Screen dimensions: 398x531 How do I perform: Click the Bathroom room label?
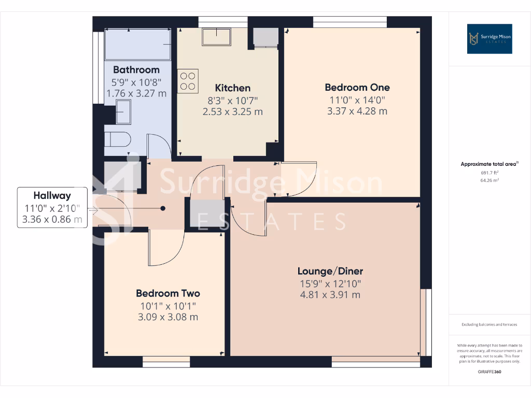pyautogui.click(x=136, y=69)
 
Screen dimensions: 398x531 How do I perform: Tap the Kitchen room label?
pyautogui.click(x=233, y=88)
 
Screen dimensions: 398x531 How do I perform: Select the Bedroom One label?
pyautogui.click(x=357, y=87)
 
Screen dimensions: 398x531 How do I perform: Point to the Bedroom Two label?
pyautogui.click(x=167, y=293)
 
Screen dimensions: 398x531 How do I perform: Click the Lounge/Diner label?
pyautogui.click(x=330, y=271)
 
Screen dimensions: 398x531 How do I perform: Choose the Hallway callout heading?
pyautogui.click(x=52, y=195)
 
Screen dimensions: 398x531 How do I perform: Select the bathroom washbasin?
pyautogui.click(x=123, y=112)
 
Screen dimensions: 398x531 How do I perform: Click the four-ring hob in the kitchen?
pyautogui.click(x=188, y=81)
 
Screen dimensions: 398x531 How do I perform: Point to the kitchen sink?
pyautogui.click(x=217, y=36)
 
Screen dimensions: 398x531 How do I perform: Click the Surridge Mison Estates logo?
pyautogui.click(x=490, y=39)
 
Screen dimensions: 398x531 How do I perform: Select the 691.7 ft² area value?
pyautogui.click(x=490, y=173)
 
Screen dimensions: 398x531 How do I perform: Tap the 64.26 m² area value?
pyautogui.click(x=490, y=180)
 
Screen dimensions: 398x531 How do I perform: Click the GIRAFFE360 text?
pyautogui.click(x=490, y=372)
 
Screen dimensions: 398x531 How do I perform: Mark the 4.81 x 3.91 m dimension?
pyautogui.click(x=330, y=295)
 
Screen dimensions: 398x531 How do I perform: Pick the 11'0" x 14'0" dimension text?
pyautogui.click(x=357, y=100)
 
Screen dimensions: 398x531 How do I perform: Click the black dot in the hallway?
pyautogui.click(x=163, y=208)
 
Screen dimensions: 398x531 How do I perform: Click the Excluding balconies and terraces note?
pyautogui.click(x=490, y=325)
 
